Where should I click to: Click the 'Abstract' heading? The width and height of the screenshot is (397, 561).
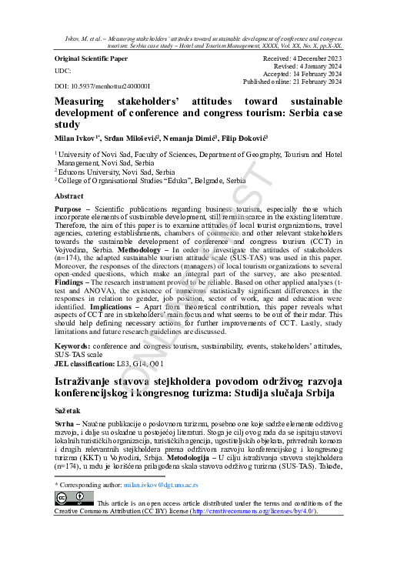click(x=69, y=197)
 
